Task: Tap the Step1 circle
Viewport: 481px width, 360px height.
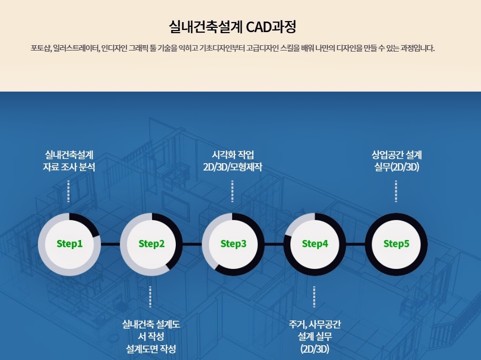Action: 69,244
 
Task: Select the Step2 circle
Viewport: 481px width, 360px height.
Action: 152,244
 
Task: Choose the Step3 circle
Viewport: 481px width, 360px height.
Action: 233,244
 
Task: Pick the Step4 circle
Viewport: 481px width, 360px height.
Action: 315,244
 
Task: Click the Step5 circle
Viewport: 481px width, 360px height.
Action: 396,244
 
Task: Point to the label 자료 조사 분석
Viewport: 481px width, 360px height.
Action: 69,167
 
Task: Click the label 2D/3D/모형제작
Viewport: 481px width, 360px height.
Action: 233,167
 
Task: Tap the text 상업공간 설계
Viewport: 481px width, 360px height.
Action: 396,155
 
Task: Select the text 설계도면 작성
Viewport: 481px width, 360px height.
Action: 151,348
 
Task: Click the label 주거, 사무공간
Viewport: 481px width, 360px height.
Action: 315,324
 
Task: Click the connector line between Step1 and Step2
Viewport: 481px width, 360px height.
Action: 111,244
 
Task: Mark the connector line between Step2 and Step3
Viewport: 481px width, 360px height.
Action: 192,244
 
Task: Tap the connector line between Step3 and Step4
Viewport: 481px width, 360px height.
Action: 274,244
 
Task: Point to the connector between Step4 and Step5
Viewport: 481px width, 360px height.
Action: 356,244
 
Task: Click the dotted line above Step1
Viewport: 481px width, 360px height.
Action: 69,191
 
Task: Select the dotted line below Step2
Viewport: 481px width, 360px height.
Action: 151,297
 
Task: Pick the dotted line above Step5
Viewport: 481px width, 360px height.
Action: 396,191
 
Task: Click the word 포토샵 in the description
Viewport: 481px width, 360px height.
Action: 41,49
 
